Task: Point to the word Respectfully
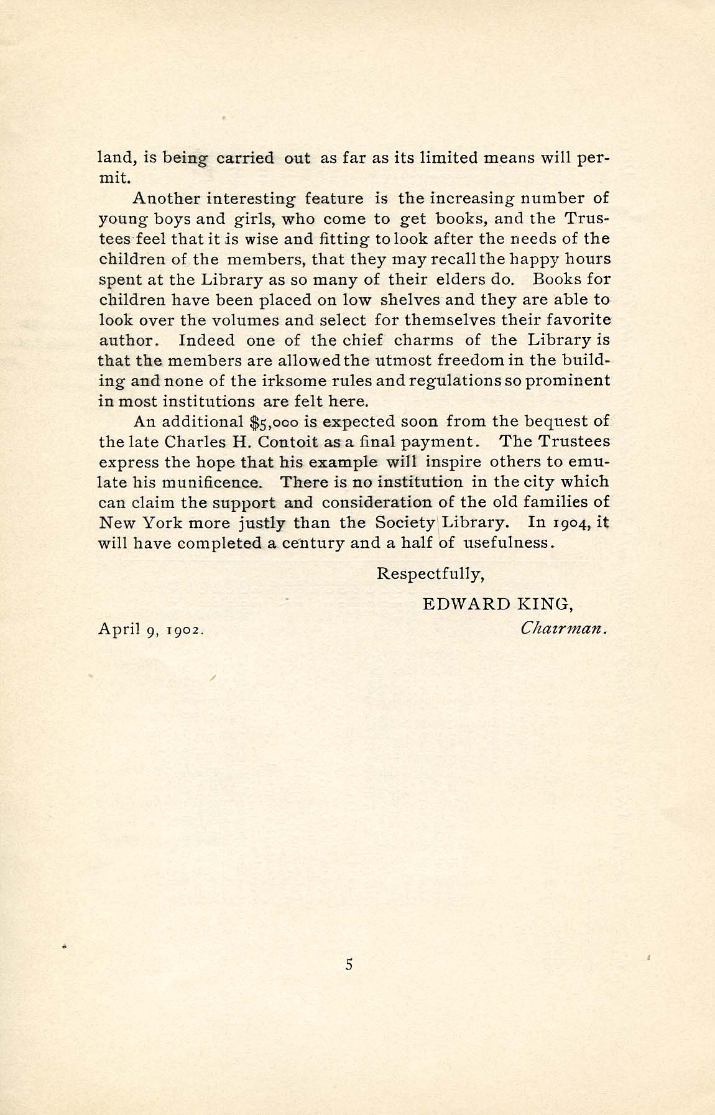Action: [430, 573]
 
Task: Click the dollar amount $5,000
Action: [274, 422]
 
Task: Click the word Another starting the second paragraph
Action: [164, 198]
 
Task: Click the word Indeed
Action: [207, 341]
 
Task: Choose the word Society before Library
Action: [404, 522]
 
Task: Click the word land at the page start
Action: [113, 158]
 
